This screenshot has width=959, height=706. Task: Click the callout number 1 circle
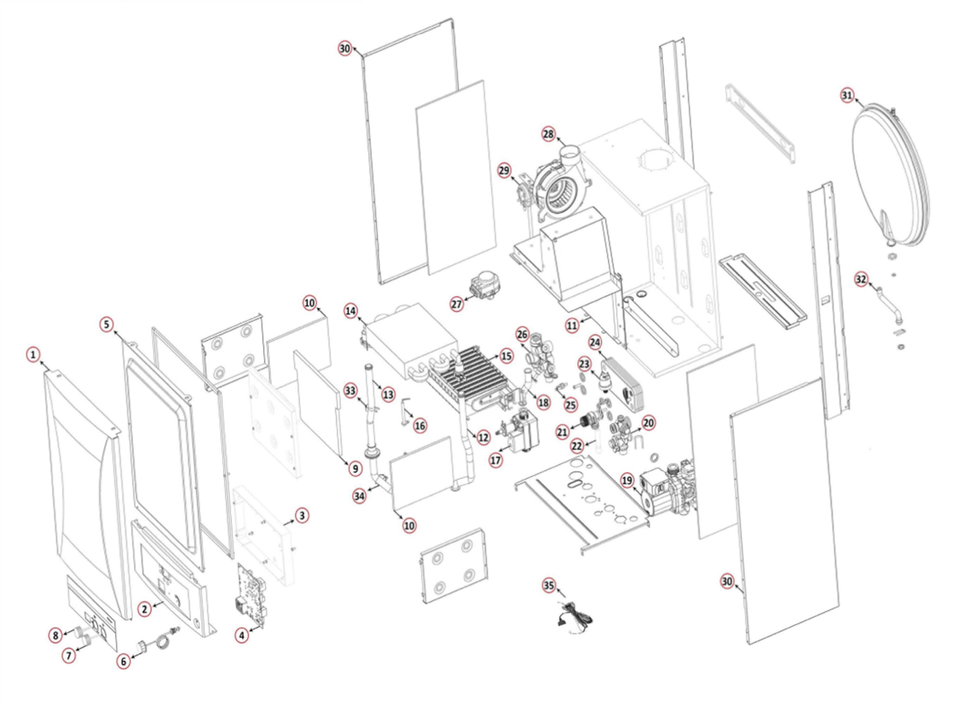pyautogui.click(x=32, y=355)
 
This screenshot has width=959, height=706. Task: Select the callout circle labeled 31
pyautogui.click(x=847, y=95)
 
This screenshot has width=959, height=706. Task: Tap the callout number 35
pyautogui.click(x=549, y=585)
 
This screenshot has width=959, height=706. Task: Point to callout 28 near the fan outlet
pyautogui.click(x=548, y=134)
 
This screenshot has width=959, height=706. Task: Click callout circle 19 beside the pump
pyautogui.click(x=627, y=480)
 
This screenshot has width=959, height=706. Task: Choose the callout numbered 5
pyautogui.click(x=106, y=324)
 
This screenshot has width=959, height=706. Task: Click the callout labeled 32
pyautogui.click(x=861, y=279)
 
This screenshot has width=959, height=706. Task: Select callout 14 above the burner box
pyautogui.click(x=351, y=311)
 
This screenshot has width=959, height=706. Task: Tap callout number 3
pyautogui.click(x=302, y=515)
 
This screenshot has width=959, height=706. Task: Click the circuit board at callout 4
pyautogui.click(x=251, y=593)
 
